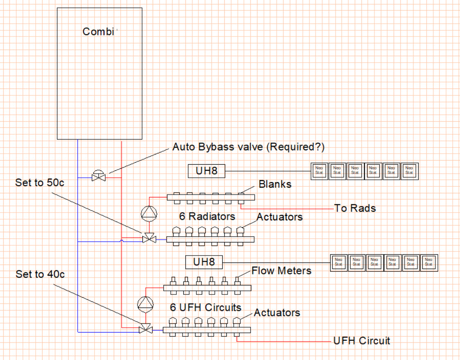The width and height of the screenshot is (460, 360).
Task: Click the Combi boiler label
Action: (x=98, y=32)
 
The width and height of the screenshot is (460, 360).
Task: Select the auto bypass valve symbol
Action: (x=98, y=177)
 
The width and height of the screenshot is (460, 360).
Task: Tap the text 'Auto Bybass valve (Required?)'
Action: (x=248, y=147)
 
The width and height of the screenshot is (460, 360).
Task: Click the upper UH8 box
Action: (x=207, y=171)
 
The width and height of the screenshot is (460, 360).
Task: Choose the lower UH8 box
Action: (x=204, y=262)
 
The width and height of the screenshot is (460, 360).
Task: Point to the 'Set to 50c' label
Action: (x=40, y=183)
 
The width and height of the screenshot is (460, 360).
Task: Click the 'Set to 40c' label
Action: (x=40, y=274)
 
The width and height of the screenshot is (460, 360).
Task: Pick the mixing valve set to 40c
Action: (x=145, y=329)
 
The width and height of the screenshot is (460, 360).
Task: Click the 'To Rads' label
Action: (x=355, y=208)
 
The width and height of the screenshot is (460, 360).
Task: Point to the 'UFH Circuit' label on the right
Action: (x=362, y=340)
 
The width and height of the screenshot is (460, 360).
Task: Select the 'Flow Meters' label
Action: (x=281, y=270)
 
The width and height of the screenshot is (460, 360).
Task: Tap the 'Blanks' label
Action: (x=275, y=184)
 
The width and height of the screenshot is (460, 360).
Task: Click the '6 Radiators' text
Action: (x=207, y=216)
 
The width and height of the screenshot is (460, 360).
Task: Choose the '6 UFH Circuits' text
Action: (x=205, y=307)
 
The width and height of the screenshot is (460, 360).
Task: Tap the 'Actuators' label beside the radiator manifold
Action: (x=280, y=217)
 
